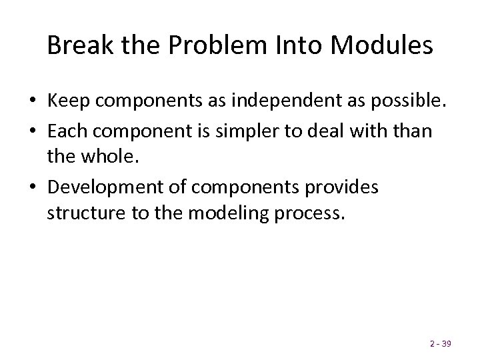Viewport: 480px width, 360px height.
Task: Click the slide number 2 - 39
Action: pyautogui.click(x=441, y=344)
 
